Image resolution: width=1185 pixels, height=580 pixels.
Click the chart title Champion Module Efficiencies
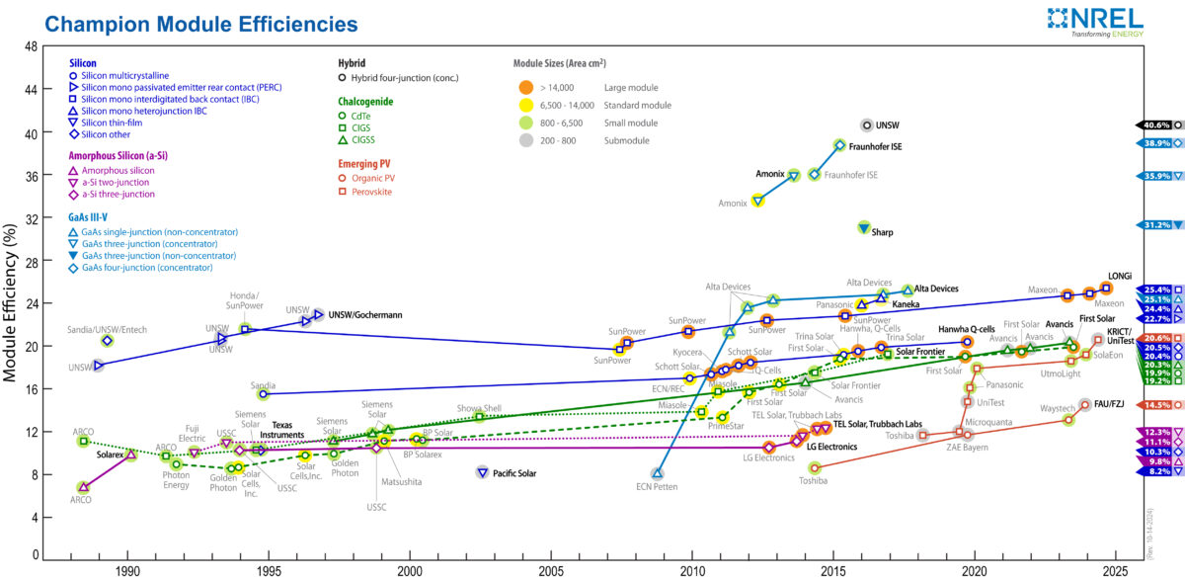coord(189,22)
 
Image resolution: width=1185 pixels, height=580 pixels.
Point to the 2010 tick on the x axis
coord(693,571)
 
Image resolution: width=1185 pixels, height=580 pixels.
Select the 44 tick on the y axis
coord(32,90)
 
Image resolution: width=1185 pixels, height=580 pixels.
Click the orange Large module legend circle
coord(526,88)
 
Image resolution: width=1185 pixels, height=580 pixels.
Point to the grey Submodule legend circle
coord(526,140)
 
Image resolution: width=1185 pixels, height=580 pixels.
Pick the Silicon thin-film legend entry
coord(118,123)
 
